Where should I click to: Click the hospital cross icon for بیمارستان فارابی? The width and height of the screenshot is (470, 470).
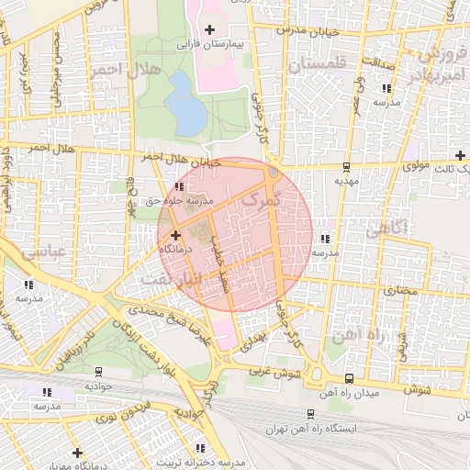click(x=210, y=29)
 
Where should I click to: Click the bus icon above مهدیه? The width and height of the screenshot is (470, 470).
click(x=346, y=167)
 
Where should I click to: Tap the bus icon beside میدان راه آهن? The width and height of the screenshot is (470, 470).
click(x=348, y=378)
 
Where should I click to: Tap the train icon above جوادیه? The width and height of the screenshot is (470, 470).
click(x=98, y=372)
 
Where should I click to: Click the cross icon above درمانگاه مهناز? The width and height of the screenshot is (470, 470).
click(x=78, y=453)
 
